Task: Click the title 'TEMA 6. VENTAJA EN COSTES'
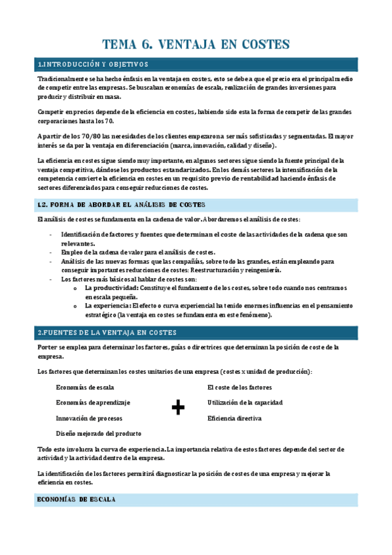pos(196,45)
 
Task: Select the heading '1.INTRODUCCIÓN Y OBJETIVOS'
pos(93,64)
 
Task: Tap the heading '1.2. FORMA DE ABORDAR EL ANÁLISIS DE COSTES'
pos(122,205)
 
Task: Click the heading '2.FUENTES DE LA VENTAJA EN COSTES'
pos(107,332)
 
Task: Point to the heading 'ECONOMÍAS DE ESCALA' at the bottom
pos(77,499)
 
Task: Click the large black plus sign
pos(177,408)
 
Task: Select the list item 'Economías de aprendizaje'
pos(93,403)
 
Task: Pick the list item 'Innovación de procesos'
pos(89,418)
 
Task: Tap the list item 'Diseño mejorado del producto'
pos(99,434)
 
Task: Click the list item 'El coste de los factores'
pos(240,387)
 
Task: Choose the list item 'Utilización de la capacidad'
pos(245,403)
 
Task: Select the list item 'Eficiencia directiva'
pos(234,418)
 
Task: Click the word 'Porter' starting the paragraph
pos(48,347)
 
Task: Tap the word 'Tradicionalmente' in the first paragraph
pos(63,79)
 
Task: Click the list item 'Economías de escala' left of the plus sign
pos(85,387)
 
